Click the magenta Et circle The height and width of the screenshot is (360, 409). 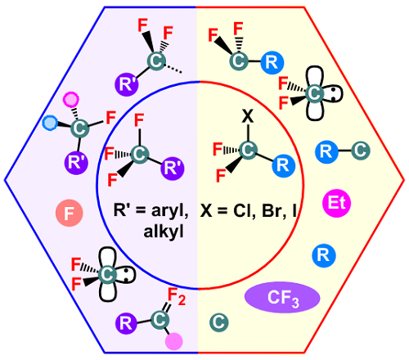pyautogui.click(x=336, y=203)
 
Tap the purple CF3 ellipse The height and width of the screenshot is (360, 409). pyautogui.click(x=282, y=297)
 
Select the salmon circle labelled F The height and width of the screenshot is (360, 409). pyautogui.click(x=70, y=213)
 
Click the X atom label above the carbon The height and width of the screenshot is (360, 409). pyautogui.click(x=248, y=116)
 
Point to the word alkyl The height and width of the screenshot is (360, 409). pyautogui.click(x=164, y=232)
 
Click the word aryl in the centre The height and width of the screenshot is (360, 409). pyautogui.click(x=169, y=211)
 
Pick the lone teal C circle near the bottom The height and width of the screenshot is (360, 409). pyautogui.click(x=219, y=322)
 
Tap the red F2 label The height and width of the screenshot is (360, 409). pyautogui.click(x=177, y=296)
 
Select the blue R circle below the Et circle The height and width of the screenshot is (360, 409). pyautogui.click(x=324, y=255)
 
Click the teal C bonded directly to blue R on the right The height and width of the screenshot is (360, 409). pyautogui.click(x=361, y=151)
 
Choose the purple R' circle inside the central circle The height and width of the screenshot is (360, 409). pyautogui.click(x=173, y=169)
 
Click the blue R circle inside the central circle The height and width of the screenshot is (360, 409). pyautogui.click(x=284, y=165)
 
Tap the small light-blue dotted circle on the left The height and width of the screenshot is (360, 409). pyautogui.click(x=50, y=123)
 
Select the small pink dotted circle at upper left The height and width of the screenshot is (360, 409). pyautogui.click(x=71, y=100)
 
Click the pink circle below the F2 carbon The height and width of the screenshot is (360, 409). pyautogui.click(x=174, y=341)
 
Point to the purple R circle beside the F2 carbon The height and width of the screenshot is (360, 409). pyautogui.click(x=126, y=324)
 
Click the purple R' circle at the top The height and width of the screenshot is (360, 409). pyautogui.click(x=127, y=84)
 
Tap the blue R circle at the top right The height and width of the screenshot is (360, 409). pyautogui.click(x=272, y=62)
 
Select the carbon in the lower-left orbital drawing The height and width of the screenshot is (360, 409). pyautogui.click(x=107, y=274)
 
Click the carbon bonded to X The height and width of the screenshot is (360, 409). pyautogui.click(x=248, y=150)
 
